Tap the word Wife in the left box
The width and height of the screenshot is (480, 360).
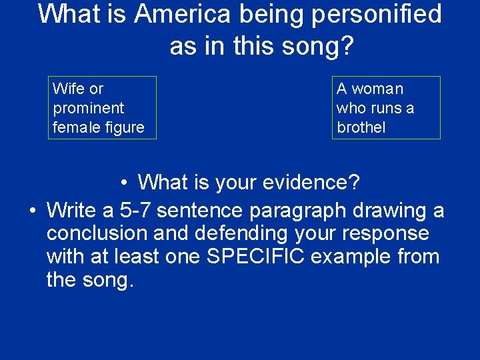pos(67,89)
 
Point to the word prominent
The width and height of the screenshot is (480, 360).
pos(89,108)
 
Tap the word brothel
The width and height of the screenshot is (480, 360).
pos(361,127)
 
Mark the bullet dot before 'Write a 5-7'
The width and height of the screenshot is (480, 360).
pos(32,211)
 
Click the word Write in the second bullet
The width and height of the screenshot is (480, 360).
pos(71,211)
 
